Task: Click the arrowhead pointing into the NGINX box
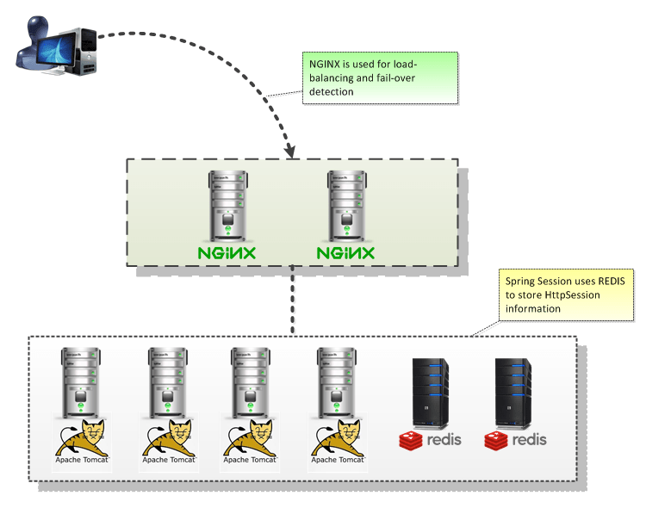click(x=289, y=151)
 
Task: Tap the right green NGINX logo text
click(x=345, y=253)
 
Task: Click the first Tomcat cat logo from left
click(x=82, y=437)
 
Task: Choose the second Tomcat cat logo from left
click(x=167, y=437)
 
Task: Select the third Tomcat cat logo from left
click(x=250, y=437)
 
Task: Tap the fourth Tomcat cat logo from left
click(x=336, y=437)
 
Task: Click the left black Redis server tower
click(x=430, y=392)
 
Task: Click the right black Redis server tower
click(x=514, y=392)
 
